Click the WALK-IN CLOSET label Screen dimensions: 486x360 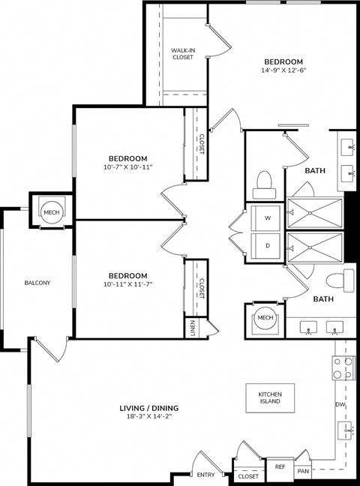(183, 52)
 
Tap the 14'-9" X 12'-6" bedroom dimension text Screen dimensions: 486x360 (283, 70)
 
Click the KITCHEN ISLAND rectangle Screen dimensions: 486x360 (269, 397)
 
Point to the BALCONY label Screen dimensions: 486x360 (37, 283)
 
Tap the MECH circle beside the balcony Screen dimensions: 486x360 (51, 212)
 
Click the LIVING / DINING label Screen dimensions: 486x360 (148, 409)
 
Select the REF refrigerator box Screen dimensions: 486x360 (280, 466)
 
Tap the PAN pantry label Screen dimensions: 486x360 (302, 471)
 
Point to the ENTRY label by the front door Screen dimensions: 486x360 (205, 475)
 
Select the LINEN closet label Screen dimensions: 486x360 (192, 327)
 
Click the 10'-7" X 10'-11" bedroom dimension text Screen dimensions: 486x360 (127, 169)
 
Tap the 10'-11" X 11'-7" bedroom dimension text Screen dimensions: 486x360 (127, 285)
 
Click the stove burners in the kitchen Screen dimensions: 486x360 (343, 368)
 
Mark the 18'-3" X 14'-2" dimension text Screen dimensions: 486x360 (148, 418)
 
